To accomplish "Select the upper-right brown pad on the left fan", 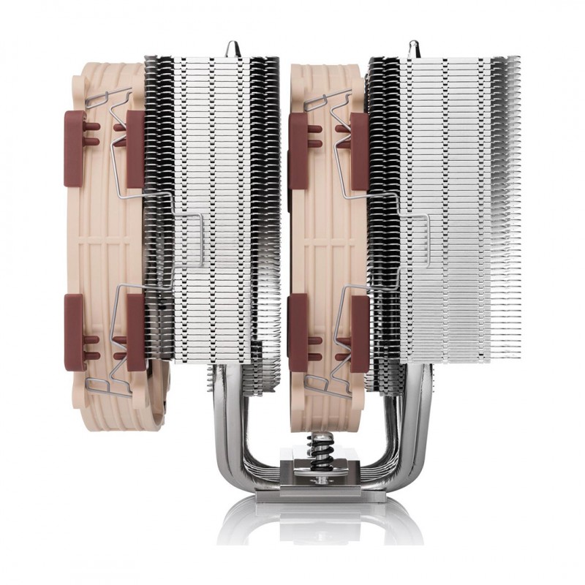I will click(x=135, y=147).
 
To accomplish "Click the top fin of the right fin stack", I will click(x=446, y=58).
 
